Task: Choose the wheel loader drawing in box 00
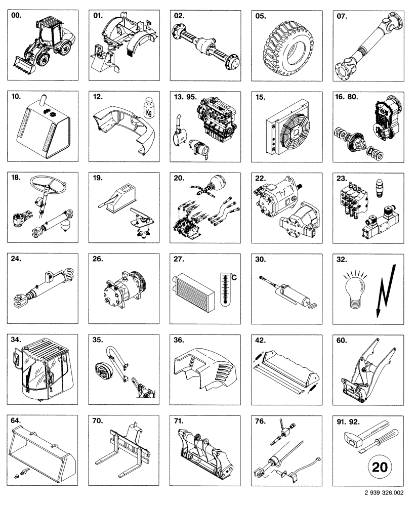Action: [x=48, y=43]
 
